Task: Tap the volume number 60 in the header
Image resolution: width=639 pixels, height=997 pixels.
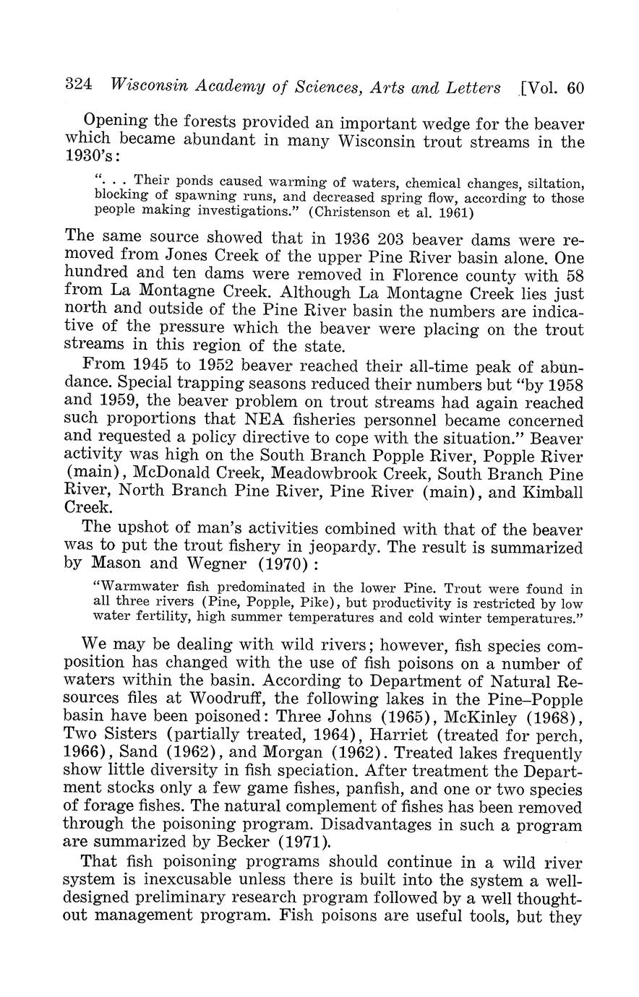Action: tap(575, 88)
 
